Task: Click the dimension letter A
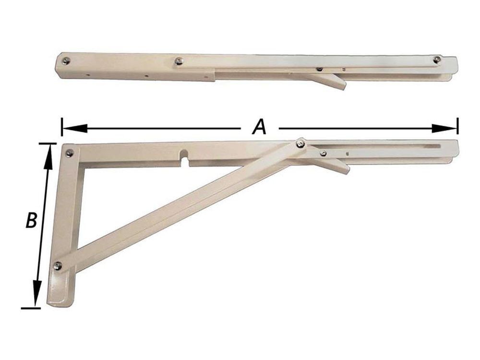click(260, 127)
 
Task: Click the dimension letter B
click(31, 219)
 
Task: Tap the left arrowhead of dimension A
click(75, 128)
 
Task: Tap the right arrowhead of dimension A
click(444, 128)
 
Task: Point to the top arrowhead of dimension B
click(48, 157)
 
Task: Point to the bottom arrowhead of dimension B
click(37, 294)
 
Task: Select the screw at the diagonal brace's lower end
click(58, 266)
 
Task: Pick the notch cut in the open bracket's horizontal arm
click(185, 157)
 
